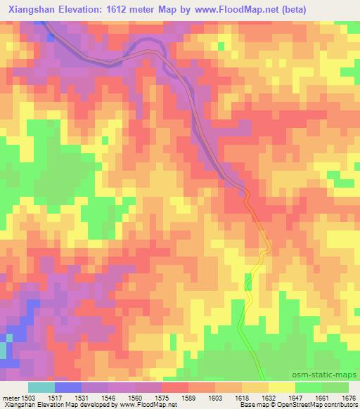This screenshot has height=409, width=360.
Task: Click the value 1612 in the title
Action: (138, 8)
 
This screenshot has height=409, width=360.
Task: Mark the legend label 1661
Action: (321, 397)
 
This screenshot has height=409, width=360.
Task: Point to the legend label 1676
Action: (348, 397)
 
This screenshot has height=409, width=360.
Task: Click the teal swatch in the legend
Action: (41, 387)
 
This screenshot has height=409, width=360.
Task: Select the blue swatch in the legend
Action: (68, 387)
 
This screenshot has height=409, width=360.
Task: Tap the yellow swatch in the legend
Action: (281, 387)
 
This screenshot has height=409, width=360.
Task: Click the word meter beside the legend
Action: (10, 397)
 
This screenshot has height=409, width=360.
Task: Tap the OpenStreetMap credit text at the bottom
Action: (328, 405)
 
